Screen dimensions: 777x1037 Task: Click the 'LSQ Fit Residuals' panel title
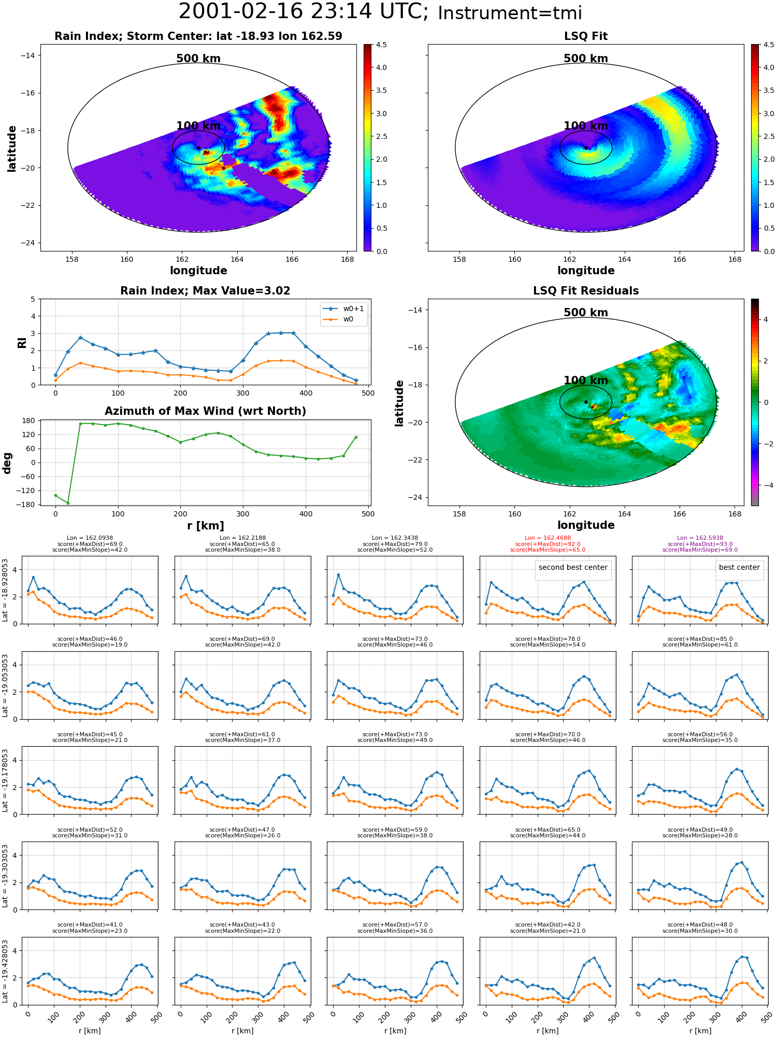click(x=586, y=291)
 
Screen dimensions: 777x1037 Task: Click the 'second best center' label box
click(x=573, y=567)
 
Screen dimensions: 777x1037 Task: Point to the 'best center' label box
click(x=739, y=567)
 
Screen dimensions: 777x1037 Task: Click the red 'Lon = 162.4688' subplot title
click(x=548, y=538)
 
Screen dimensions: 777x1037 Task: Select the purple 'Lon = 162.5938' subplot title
click(x=700, y=538)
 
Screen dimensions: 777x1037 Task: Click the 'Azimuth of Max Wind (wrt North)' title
click(x=205, y=411)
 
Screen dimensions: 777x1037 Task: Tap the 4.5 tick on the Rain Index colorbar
click(x=381, y=45)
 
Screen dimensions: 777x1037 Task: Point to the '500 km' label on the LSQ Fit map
click(x=586, y=59)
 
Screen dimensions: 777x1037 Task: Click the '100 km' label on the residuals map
click(x=586, y=380)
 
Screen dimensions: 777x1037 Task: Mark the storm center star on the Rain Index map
click(x=198, y=148)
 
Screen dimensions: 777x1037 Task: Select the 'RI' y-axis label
click(x=22, y=342)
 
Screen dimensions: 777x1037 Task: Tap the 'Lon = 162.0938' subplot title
click(x=90, y=538)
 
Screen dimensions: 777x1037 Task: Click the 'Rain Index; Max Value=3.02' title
click(x=205, y=291)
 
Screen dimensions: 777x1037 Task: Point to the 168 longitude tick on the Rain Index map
click(x=348, y=259)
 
